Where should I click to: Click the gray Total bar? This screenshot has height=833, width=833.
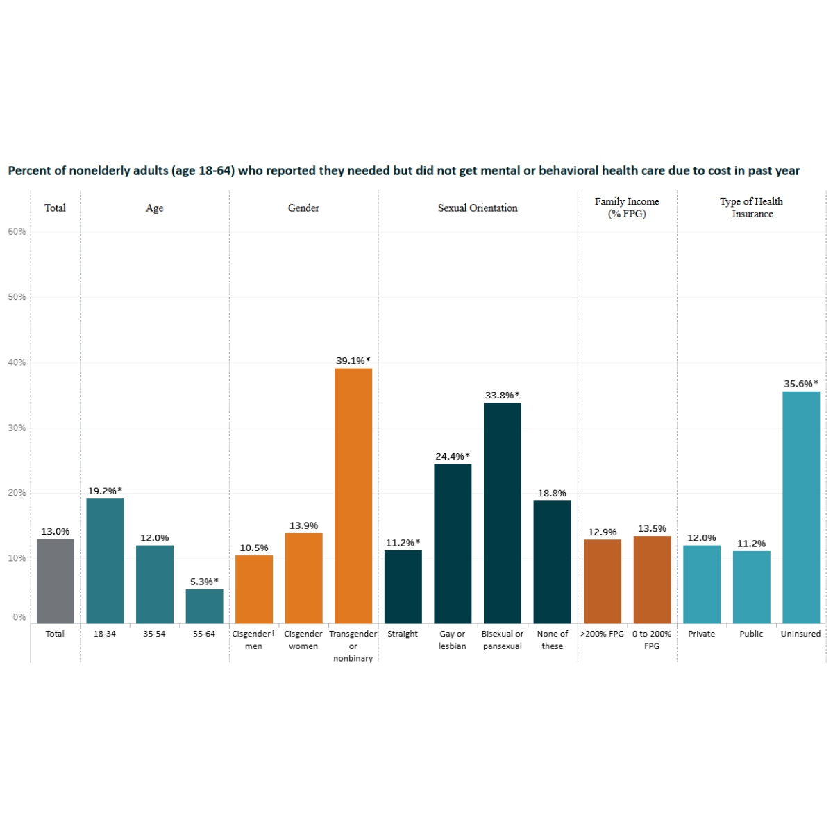pyautogui.click(x=56, y=581)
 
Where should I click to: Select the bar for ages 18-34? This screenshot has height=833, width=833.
pyautogui.click(x=105, y=561)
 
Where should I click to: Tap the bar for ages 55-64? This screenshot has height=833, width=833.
pyautogui.click(x=204, y=606)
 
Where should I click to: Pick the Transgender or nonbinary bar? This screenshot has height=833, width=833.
pyautogui.click(x=353, y=496)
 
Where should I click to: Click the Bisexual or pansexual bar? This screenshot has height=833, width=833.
pyautogui.click(x=503, y=513)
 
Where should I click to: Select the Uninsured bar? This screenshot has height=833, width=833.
pyautogui.click(x=801, y=507)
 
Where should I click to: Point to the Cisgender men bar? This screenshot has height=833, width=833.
pyautogui.click(x=254, y=589)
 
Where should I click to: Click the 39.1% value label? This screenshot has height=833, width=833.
pyautogui.click(x=353, y=361)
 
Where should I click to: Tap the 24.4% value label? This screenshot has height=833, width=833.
pyautogui.click(x=453, y=457)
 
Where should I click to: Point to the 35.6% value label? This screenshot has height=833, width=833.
pyautogui.click(x=801, y=384)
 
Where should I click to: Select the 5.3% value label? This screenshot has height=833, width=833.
pyautogui.click(x=204, y=582)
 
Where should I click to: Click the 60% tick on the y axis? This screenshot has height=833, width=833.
pyautogui.click(x=17, y=232)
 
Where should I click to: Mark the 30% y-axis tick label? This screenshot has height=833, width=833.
pyautogui.click(x=17, y=428)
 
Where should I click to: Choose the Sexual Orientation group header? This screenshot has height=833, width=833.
pyautogui.click(x=478, y=208)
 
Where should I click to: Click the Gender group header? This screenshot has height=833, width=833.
pyautogui.click(x=303, y=208)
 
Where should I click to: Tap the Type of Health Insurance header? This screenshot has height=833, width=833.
pyautogui.click(x=752, y=208)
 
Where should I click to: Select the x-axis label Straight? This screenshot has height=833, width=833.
pyautogui.click(x=403, y=634)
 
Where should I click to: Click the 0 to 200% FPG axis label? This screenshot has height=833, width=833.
pyautogui.click(x=652, y=640)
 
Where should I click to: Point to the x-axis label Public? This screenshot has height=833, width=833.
pyautogui.click(x=751, y=634)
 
